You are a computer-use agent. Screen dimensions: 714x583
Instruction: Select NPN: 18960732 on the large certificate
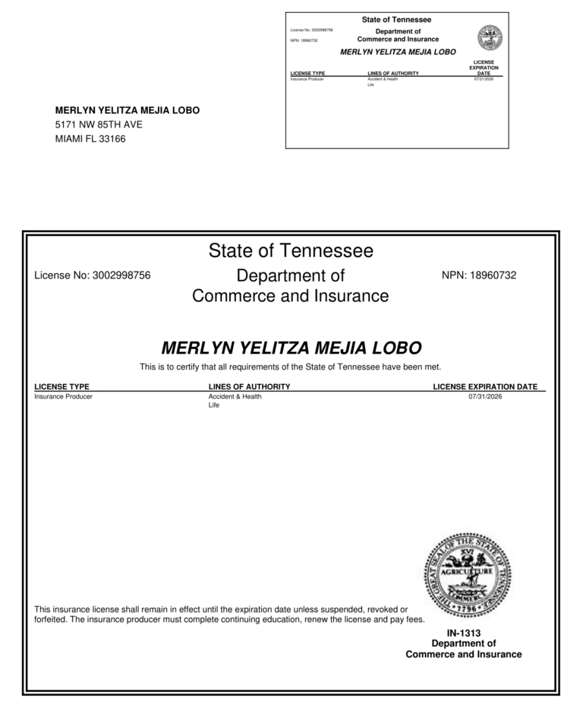click(x=478, y=275)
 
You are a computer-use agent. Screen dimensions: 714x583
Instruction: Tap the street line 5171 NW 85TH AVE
click(x=99, y=124)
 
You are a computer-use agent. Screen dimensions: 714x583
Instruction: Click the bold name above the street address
click(x=128, y=111)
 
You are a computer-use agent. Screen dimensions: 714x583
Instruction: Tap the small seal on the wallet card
click(x=490, y=37)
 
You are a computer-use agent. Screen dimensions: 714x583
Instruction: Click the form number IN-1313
click(x=464, y=632)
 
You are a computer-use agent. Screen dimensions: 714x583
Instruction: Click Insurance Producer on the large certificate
click(x=64, y=396)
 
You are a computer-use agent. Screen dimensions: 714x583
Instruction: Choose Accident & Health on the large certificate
click(x=235, y=396)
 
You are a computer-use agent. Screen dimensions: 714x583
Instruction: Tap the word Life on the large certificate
click(x=213, y=406)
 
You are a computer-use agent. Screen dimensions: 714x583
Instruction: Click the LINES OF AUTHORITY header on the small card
click(x=392, y=74)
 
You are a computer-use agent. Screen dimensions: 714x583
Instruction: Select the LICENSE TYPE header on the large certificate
click(x=62, y=387)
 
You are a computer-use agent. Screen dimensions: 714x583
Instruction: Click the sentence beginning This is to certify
click(x=291, y=367)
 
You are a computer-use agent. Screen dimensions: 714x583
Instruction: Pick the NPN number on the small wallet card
click(x=304, y=40)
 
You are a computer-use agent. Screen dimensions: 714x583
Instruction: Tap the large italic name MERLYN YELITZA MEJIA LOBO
click(x=291, y=348)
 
